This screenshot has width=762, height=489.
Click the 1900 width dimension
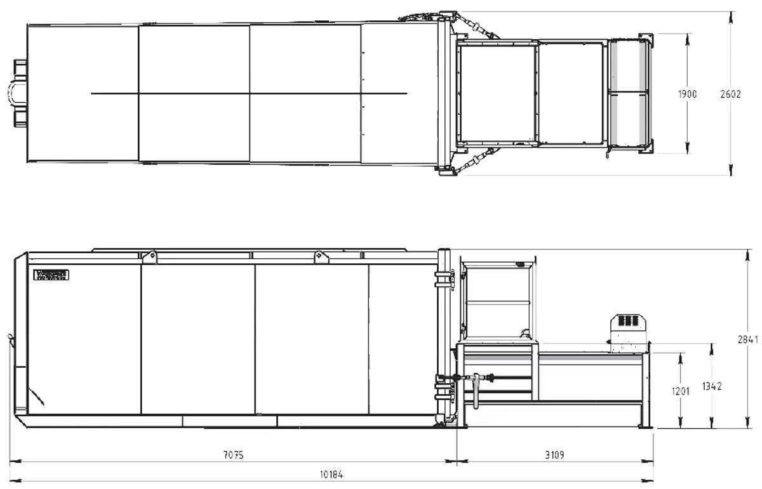[686, 94]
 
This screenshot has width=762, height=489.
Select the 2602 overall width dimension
[730, 94]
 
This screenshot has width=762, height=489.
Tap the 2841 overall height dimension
[747, 339]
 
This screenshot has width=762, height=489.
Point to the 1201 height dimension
[680, 391]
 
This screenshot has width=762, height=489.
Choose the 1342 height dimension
[712, 386]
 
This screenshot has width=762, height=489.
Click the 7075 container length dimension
[233, 455]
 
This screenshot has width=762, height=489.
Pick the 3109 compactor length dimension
[554, 455]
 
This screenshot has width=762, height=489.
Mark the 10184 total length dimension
[330, 474]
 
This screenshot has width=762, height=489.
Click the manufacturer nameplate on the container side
[51, 275]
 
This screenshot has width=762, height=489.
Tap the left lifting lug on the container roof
[150, 256]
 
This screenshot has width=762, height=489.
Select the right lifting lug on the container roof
[321, 256]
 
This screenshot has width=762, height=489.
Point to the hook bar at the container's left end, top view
[17, 94]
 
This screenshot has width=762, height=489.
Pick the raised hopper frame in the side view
[498, 298]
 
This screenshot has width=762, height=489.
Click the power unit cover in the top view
[629, 94]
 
